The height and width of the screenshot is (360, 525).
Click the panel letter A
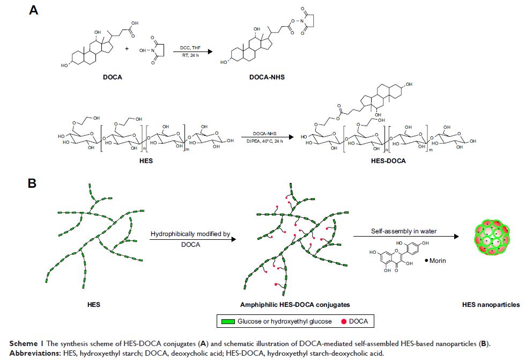pos(33,10)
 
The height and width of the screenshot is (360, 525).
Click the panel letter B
pos(33,183)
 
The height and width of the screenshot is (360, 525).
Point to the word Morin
pos(421,261)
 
